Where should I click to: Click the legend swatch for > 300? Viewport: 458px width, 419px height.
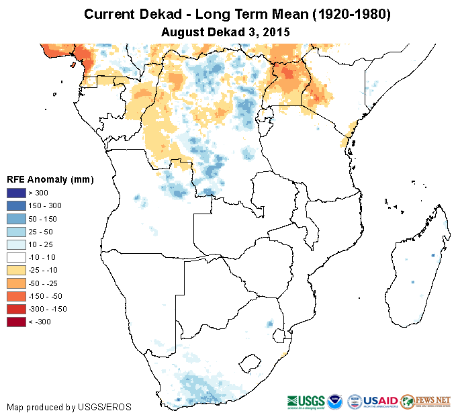pos(16,193)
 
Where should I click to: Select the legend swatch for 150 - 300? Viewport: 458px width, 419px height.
pos(16,206)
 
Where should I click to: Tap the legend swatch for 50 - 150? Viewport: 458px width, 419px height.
pos(16,219)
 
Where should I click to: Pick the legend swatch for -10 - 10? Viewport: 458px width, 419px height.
pos(16,257)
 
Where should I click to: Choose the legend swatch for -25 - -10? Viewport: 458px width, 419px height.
pos(16,270)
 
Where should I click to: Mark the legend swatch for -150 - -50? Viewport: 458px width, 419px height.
pos(16,296)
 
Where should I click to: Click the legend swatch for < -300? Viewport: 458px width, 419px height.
pos(16,322)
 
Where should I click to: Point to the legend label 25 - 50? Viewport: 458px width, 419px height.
pos(44,232)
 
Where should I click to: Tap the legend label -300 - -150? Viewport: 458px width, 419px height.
pos(50,309)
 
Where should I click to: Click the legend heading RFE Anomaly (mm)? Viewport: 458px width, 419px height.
pos(50,180)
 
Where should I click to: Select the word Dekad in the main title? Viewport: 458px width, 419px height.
pos(167,14)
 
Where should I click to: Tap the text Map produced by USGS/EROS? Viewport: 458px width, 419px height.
pos(69,408)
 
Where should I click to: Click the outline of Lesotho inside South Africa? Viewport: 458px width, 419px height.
pos(250,363)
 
